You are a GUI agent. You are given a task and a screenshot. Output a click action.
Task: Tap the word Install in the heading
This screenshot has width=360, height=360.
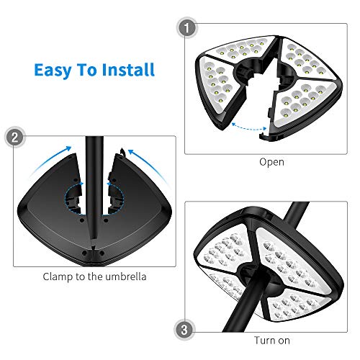[127, 71]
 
